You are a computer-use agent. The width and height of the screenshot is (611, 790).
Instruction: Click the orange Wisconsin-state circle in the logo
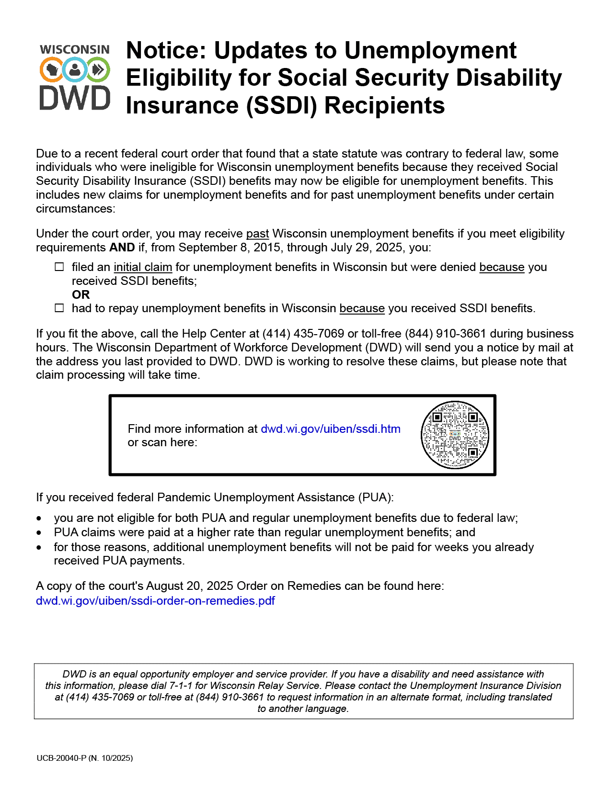[x=51, y=70]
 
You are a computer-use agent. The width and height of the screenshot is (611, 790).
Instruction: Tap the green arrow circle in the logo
[x=98, y=70]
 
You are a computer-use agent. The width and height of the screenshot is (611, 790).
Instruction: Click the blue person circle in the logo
[x=75, y=70]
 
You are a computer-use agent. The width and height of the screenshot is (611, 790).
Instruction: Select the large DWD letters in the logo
[x=75, y=98]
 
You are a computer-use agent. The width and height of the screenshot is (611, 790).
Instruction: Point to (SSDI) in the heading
[x=281, y=106]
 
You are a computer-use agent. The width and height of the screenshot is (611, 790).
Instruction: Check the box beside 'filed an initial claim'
[x=59, y=267]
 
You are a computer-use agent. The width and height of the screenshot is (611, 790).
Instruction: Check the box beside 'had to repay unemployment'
[x=59, y=308]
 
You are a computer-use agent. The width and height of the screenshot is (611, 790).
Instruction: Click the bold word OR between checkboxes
[x=81, y=295]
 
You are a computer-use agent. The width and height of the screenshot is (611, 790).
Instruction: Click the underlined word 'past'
[x=257, y=234]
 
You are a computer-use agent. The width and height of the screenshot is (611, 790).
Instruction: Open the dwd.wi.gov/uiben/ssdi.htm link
[x=330, y=429]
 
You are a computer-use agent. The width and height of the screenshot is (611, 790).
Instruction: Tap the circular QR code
[x=455, y=435]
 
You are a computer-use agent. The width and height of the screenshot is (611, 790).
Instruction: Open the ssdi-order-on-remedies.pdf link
[x=155, y=601]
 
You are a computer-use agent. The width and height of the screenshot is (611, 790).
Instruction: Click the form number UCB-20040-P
[x=61, y=758]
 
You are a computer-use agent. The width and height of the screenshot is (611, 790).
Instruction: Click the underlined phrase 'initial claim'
[x=143, y=267]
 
